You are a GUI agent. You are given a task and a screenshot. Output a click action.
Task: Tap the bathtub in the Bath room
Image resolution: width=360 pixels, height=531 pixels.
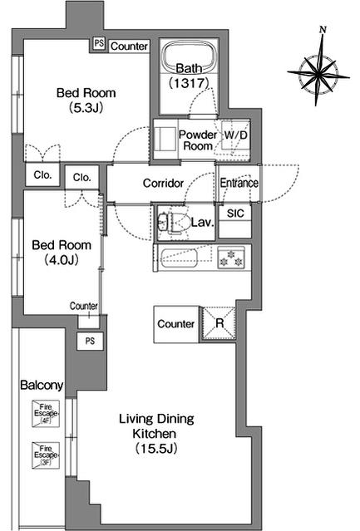189,57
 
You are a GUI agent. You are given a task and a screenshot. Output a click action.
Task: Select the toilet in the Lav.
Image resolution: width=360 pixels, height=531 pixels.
173,224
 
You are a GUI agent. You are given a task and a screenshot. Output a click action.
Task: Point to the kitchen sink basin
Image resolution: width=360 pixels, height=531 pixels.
179,258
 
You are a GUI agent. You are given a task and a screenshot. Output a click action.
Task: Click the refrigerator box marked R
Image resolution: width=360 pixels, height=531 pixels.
219,323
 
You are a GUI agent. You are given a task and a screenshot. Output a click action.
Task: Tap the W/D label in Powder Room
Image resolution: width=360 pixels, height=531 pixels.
236,135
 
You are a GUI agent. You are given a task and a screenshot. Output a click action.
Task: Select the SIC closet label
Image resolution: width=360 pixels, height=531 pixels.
235,214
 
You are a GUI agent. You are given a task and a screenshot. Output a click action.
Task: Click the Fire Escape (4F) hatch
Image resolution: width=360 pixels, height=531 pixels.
46,413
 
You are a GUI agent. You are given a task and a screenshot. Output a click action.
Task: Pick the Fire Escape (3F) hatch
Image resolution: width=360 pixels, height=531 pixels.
46,455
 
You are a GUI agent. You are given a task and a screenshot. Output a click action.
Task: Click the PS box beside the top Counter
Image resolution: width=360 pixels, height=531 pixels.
99,44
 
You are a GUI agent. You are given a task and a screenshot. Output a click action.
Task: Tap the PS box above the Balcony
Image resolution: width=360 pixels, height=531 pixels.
90,341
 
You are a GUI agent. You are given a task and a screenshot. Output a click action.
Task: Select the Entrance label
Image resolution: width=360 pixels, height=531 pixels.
239,183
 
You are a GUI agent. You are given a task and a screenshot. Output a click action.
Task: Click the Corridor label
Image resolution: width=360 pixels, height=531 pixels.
163,183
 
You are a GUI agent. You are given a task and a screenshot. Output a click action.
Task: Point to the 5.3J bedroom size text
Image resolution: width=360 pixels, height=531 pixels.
86,108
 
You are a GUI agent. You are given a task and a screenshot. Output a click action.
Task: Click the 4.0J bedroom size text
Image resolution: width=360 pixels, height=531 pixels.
62,260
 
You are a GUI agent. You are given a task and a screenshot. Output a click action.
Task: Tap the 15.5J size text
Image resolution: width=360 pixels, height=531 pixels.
156,449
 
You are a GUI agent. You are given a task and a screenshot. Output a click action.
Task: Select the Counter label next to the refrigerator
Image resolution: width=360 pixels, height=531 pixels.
175,324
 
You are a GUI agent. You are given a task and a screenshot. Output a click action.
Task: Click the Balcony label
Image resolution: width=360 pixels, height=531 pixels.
42,386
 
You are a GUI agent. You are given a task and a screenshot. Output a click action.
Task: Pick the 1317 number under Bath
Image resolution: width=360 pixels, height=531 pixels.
189,82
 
